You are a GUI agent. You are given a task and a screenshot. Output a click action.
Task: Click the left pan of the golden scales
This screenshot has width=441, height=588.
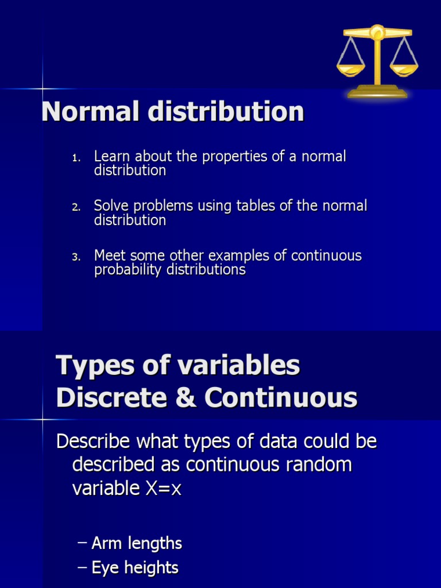tap(351, 70)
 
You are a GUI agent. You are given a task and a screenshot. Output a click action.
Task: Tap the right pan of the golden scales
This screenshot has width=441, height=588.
tap(404, 70)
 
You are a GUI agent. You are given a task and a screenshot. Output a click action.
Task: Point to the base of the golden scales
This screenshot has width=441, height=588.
tap(377, 92)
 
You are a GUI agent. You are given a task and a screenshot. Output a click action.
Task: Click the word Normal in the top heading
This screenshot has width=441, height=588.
tap(91, 111)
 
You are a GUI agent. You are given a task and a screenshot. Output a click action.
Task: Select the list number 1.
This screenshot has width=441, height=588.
tap(76, 157)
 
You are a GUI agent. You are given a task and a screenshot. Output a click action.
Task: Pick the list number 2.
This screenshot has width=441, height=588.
tap(76, 207)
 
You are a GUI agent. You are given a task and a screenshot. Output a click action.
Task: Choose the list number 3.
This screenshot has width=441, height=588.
tap(76, 257)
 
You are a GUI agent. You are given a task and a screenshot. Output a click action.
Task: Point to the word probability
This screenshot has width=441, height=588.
tap(128, 270)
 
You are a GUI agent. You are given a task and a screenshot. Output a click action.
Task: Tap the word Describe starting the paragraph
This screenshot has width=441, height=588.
tap(97, 441)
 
